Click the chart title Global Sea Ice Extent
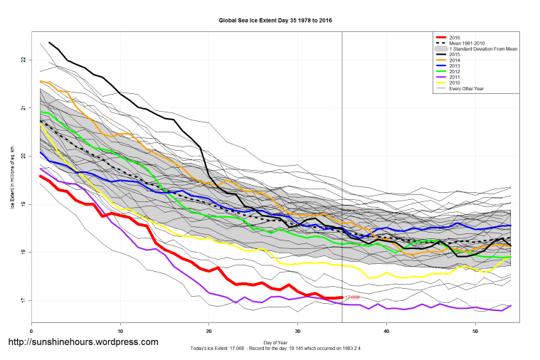click(x=275, y=21)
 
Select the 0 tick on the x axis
click(x=32, y=331)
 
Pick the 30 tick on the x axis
click(x=298, y=331)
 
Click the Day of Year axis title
click(x=275, y=343)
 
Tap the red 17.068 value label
click(x=352, y=297)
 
